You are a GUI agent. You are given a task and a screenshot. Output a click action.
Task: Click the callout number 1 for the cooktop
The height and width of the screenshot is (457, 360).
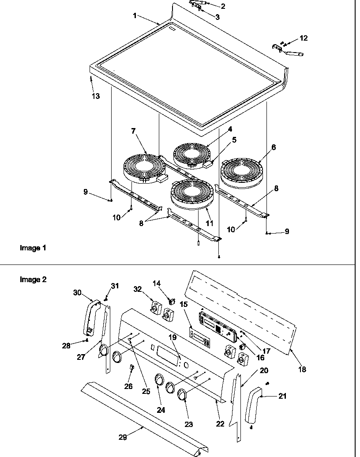[x=135, y=15]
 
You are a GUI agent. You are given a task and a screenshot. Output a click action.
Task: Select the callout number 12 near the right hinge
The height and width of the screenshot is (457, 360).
[x=303, y=38]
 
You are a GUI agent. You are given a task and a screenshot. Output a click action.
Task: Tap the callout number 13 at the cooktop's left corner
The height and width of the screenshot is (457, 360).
[x=96, y=96]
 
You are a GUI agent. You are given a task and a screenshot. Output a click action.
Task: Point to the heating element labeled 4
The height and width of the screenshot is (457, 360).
[x=193, y=155]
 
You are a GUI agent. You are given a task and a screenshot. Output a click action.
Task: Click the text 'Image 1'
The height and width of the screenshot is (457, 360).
[x=33, y=248]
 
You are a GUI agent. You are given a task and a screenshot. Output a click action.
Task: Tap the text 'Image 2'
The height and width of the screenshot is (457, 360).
[x=33, y=279]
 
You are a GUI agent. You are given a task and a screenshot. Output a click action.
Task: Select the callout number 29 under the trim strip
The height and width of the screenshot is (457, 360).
[x=123, y=437]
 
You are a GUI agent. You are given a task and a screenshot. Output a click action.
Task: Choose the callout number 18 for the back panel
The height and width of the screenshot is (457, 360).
[x=302, y=369]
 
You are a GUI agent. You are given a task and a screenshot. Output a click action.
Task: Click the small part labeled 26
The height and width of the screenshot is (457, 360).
[x=131, y=367]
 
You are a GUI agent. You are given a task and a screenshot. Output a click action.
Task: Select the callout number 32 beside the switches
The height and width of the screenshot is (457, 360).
[x=138, y=289]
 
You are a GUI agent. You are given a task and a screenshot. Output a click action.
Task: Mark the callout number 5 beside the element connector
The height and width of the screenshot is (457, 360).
[x=234, y=140]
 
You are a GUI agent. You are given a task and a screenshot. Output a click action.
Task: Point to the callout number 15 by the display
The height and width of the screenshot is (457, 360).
[x=184, y=305]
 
